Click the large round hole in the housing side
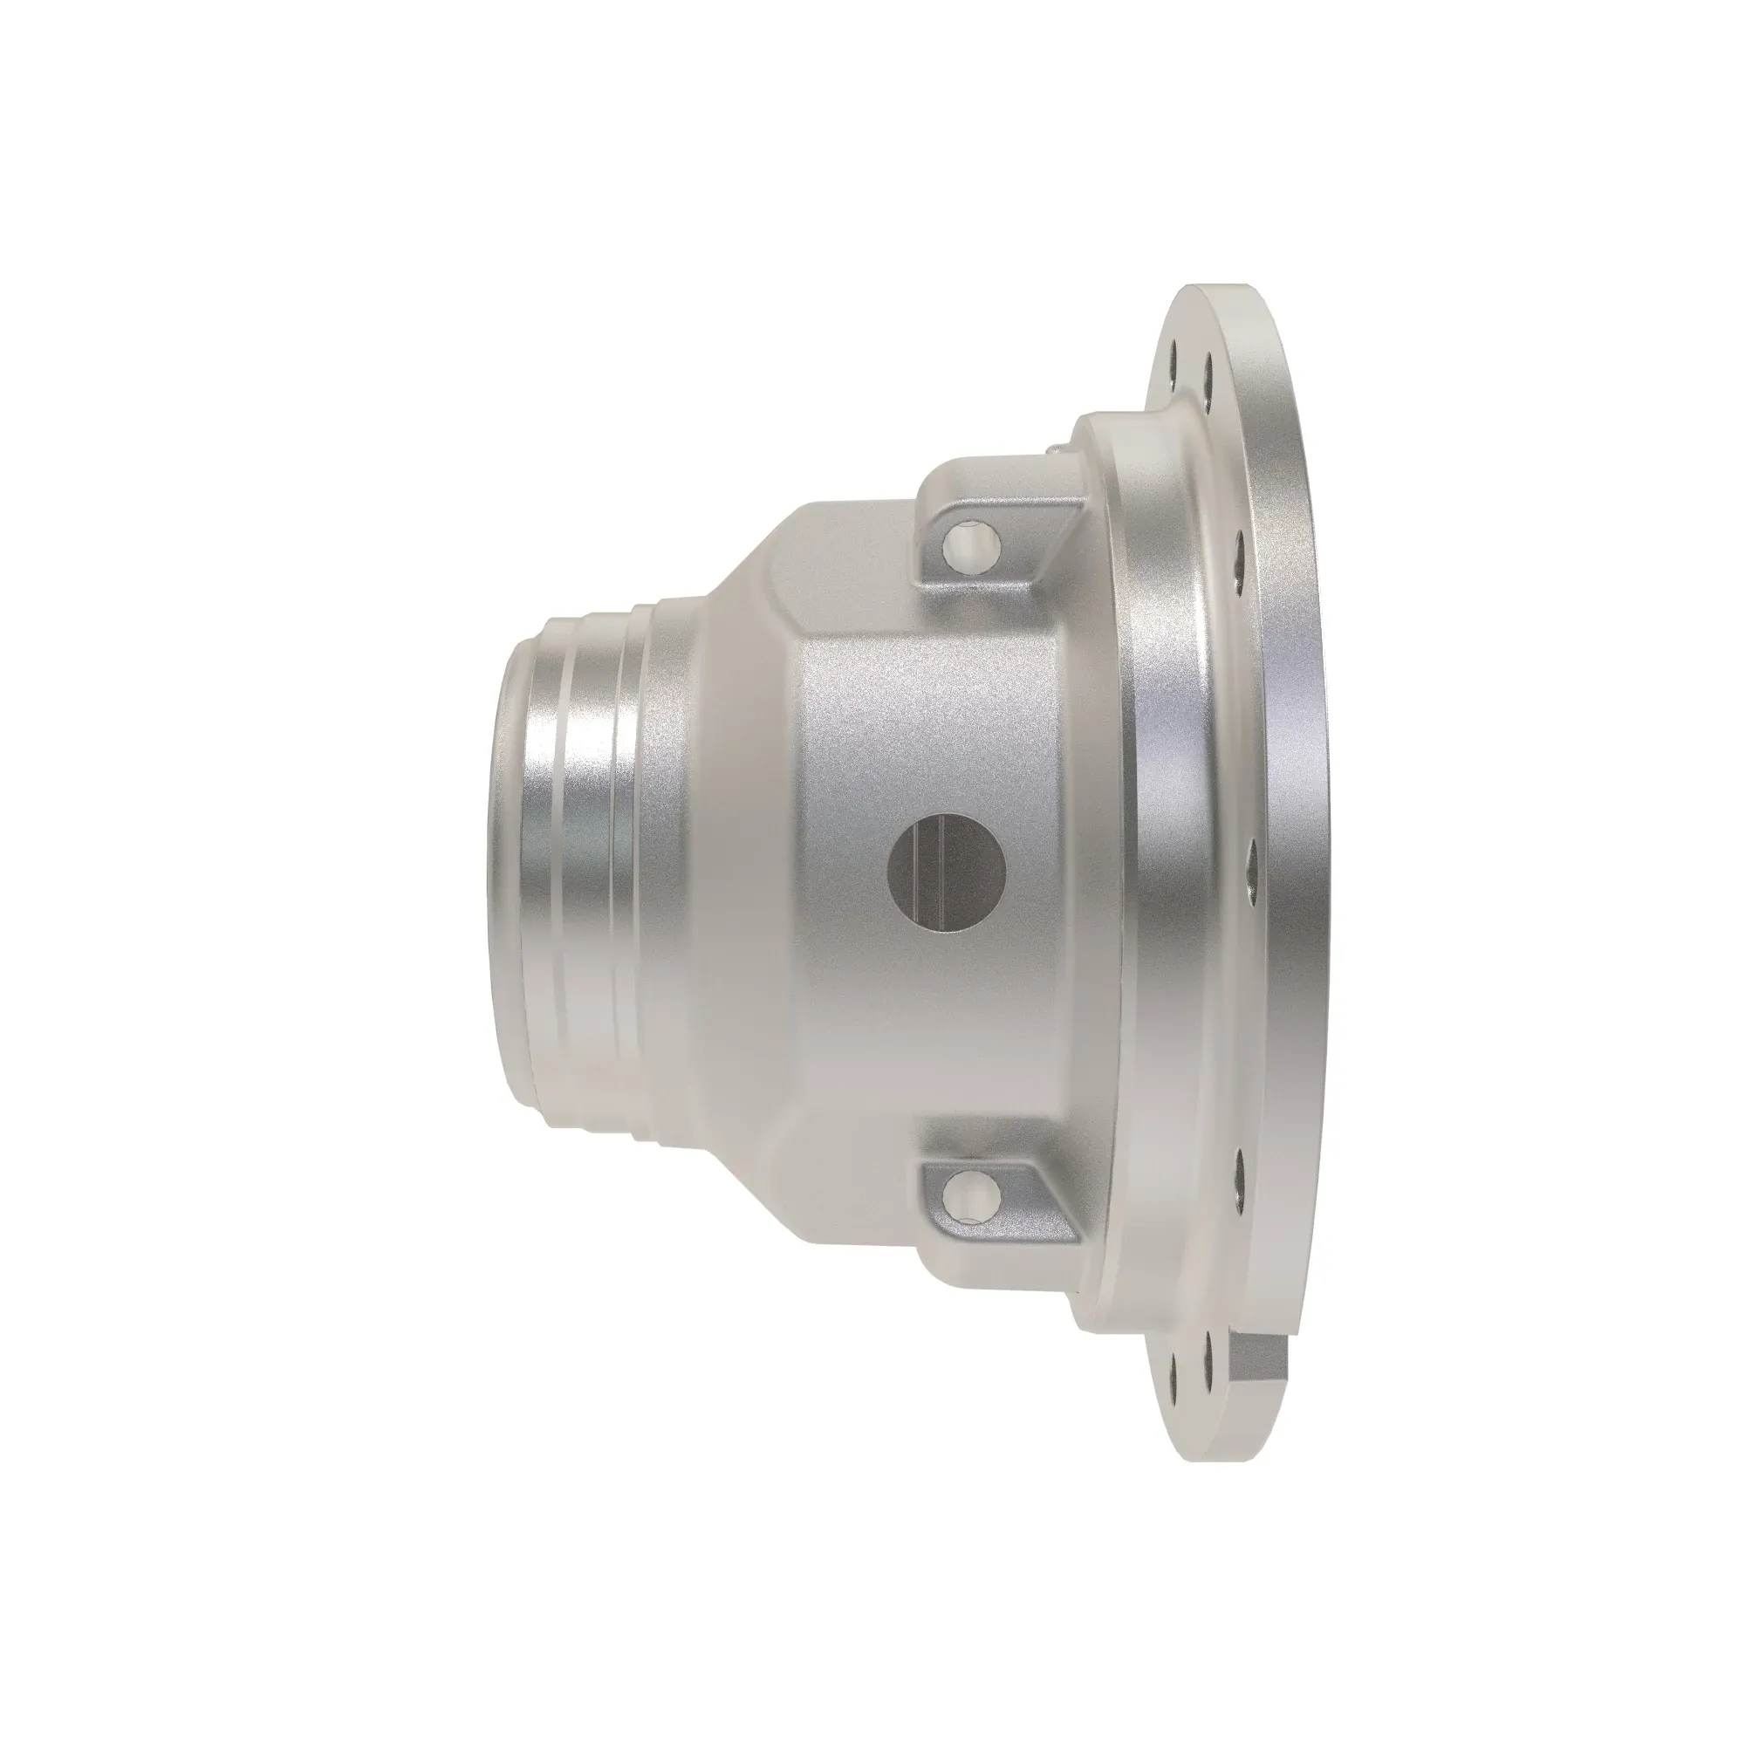pyautogui.click(x=947, y=878)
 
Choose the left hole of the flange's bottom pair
pyautogui.click(x=1173, y=1384)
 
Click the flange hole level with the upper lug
pyautogui.click(x=1241, y=543)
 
